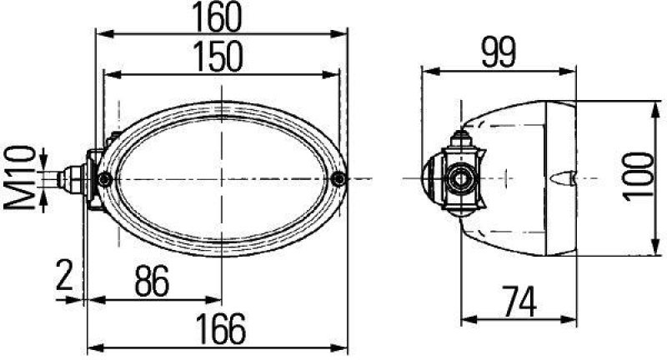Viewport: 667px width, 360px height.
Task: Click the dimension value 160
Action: (x=221, y=17)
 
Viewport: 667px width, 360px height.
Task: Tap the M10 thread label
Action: (x=26, y=177)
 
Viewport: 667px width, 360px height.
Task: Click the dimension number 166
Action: (x=221, y=329)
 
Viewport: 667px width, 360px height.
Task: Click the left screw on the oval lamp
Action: (x=105, y=181)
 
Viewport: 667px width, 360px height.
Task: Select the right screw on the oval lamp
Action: (x=337, y=178)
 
